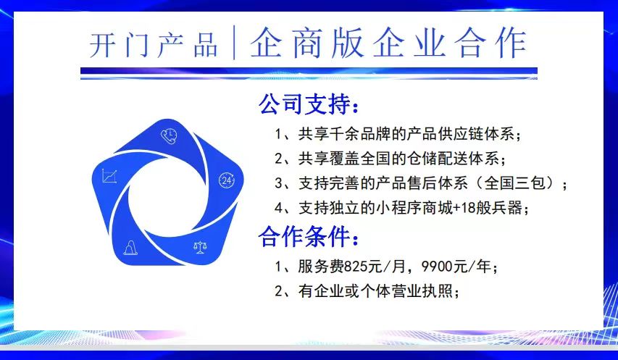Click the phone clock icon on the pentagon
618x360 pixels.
(169, 136)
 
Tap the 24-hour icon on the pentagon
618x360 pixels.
(227, 180)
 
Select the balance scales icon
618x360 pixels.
(200, 247)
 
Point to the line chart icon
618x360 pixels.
(109, 176)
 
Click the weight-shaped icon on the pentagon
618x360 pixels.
(130, 248)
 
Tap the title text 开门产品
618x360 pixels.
(154, 44)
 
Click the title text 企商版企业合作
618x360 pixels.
(388, 43)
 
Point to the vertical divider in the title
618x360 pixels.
(235, 43)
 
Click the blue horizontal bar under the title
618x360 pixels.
(309, 72)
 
